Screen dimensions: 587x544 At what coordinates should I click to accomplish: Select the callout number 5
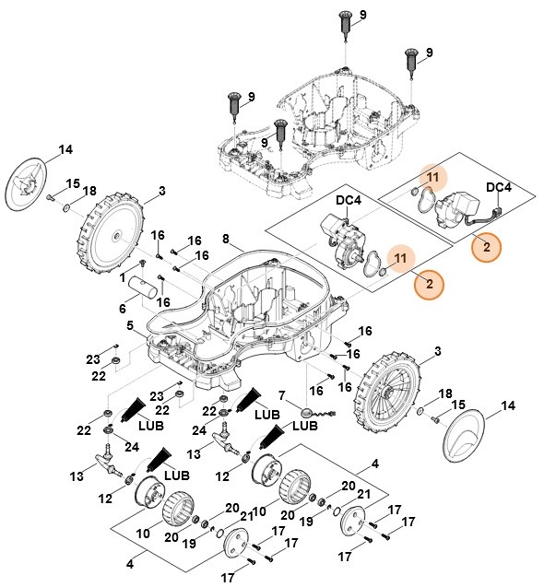pos(130,325)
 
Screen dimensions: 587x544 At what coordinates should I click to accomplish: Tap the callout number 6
pos(123,309)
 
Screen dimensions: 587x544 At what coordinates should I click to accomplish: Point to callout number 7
pos(280,396)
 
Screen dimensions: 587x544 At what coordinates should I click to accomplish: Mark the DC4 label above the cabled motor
pos(499,187)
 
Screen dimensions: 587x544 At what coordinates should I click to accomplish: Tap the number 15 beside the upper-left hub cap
pos(73,182)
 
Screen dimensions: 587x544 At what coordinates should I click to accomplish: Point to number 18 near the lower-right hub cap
pos(445,393)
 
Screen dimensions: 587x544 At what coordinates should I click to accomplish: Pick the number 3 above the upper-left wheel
pos(162,191)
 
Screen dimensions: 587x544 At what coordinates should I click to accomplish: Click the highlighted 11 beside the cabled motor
pos(432,177)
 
